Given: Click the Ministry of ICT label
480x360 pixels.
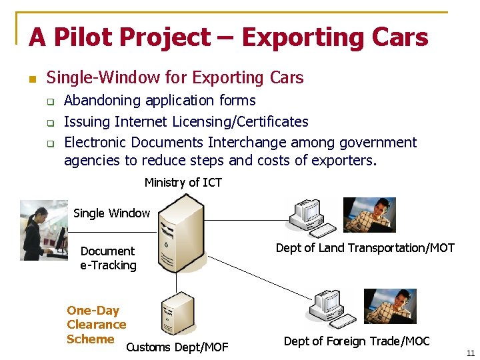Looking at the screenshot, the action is click(183, 183).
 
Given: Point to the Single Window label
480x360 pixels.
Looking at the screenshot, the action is click(111, 213).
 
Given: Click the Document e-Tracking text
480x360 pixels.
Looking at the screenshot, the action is click(108, 258).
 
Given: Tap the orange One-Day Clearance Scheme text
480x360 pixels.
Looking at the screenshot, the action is click(95, 325).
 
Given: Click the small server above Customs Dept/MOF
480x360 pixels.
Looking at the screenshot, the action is click(177, 313).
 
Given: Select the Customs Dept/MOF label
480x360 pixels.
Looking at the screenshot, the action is click(177, 347).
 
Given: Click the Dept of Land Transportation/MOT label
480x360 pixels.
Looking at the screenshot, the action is click(365, 248).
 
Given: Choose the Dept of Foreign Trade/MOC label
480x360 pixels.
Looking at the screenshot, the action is click(357, 341).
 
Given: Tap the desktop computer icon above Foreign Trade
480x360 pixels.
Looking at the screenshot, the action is click(331, 309).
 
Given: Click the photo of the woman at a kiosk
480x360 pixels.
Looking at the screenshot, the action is click(44, 229).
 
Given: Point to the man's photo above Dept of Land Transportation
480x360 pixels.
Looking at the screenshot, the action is click(369, 215).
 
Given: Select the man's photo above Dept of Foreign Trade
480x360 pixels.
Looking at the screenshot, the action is click(390, 306).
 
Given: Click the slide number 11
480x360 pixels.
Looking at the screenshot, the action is click(471, 353).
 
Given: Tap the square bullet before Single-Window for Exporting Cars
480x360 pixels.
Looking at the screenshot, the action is click(31, 79).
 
